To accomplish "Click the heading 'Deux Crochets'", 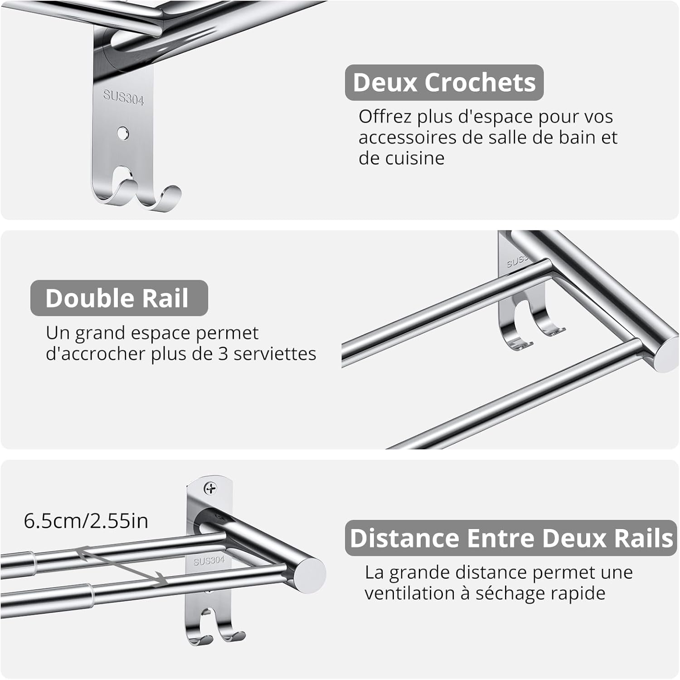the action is [x=444, y=83].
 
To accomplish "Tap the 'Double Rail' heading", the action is [x=117, y=298].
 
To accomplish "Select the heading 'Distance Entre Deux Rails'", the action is [x=511, y=538].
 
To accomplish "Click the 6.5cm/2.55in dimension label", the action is [x=86, y=521].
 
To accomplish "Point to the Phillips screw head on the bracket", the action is [x=210, y=488].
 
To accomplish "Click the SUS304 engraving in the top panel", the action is [x=123, y=97].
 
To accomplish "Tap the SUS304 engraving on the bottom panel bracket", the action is [x=209, y=561].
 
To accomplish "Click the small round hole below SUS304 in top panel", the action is [x=123, y=133].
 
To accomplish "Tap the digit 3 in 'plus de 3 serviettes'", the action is [x=223, y=354].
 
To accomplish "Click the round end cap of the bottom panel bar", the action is [x=311, y=574].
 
